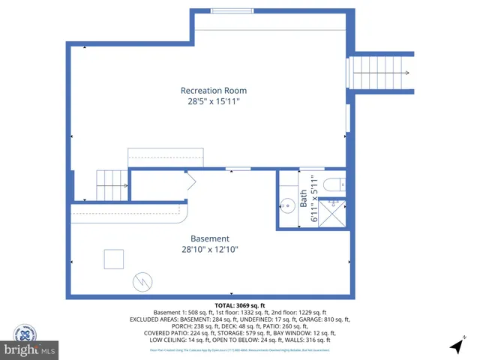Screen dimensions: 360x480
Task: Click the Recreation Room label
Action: coord(214,91)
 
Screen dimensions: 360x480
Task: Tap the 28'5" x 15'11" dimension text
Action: coord(214,101)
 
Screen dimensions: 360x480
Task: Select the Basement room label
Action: coord(209,238)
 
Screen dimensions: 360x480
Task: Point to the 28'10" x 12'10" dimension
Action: coord(209,250)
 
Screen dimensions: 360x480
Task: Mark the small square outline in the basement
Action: coord(114,259)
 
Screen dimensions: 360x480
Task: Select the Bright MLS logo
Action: coord(30,349)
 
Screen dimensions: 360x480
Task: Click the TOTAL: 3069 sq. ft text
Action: coord(240,305)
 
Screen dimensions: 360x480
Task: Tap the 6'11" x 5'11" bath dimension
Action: coord(316,200)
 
